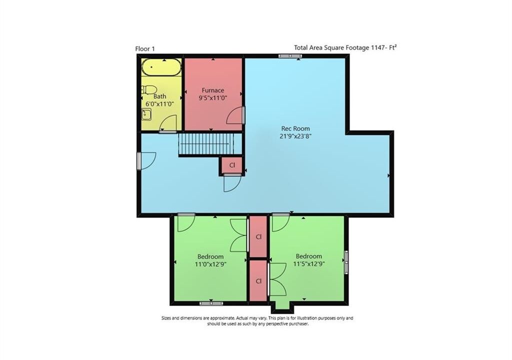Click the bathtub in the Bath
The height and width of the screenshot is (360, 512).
(161, 67)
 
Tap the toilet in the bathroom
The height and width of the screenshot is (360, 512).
(149, 90)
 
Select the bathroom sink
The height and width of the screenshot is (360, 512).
(146, 114)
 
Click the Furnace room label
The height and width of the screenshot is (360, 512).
(213, 90)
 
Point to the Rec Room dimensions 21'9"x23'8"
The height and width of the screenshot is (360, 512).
(295, 136)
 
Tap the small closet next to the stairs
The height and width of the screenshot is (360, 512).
(232, 165)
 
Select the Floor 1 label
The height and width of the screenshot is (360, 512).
(145, 49)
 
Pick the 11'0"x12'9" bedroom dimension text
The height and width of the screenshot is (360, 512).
(210, 264)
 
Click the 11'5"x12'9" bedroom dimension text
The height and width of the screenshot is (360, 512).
(309, 264)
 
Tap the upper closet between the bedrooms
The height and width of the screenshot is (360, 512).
(258, 236)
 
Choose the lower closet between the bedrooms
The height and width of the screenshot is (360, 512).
(258, 281)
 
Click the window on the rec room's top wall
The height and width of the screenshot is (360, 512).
(290, 56)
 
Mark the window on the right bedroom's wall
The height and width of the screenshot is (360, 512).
(346, 261)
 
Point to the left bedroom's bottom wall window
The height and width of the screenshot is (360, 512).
(211, 303)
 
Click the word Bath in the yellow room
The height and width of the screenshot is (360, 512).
(159, 96)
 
